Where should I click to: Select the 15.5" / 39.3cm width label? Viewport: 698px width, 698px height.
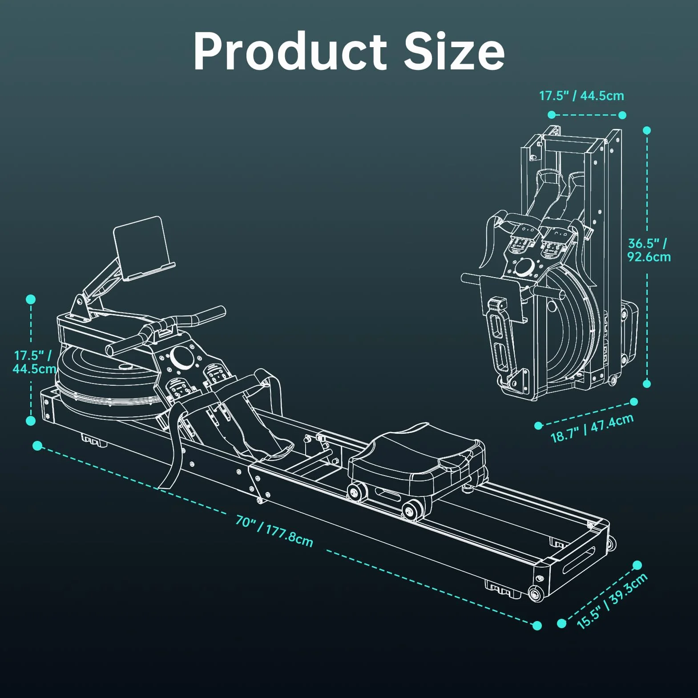coord(612,601)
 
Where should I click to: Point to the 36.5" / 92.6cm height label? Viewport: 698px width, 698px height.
coord(649,250)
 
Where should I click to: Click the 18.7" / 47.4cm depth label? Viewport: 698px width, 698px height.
coord(592,428)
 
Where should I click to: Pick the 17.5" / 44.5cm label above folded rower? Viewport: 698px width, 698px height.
coord(581,96)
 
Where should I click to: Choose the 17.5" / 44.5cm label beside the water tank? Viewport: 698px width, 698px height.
coord(34,362)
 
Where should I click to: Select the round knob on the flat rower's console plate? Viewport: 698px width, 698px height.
coord(182,356)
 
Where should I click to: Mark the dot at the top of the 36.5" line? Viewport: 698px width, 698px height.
coord(647,130)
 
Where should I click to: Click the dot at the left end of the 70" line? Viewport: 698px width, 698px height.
coord(38,445)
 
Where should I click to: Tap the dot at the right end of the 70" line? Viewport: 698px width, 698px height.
coord(537,625)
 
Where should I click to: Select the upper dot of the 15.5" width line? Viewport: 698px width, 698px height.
coord(637,565)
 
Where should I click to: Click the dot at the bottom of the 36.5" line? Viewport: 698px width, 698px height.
coord(647,383)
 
